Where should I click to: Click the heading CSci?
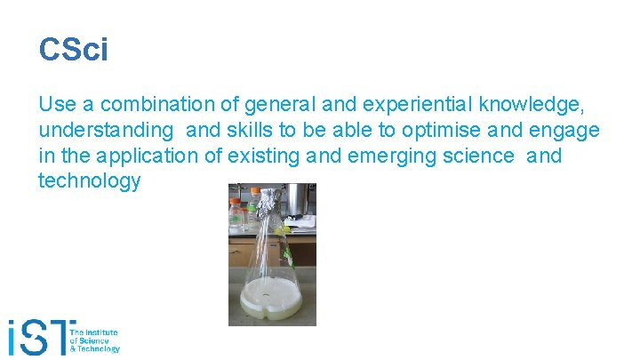pos(73,49)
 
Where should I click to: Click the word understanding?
pos(106,131)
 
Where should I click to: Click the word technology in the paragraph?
pos(89,181)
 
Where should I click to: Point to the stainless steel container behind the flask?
pos(299,200)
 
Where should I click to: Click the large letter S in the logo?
pos(41,338)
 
